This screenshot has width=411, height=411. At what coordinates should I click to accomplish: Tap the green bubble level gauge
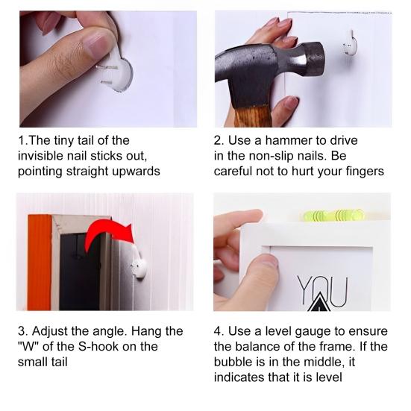(x=332, y=216)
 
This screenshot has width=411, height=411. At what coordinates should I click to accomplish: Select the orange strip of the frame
(x=40, y=263)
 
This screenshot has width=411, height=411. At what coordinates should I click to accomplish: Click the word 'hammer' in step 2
(x=289, y=140)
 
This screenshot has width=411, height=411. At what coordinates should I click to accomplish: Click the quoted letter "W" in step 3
(x=28, y=347)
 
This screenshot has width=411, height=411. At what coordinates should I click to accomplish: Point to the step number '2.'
(x=219, y=140)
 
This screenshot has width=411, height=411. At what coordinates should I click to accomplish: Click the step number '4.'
(x=219, y=331)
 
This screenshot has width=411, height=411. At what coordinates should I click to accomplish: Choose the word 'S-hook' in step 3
(x=98, y=347)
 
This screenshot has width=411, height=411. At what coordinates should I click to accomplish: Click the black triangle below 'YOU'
(x=319, y=304)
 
